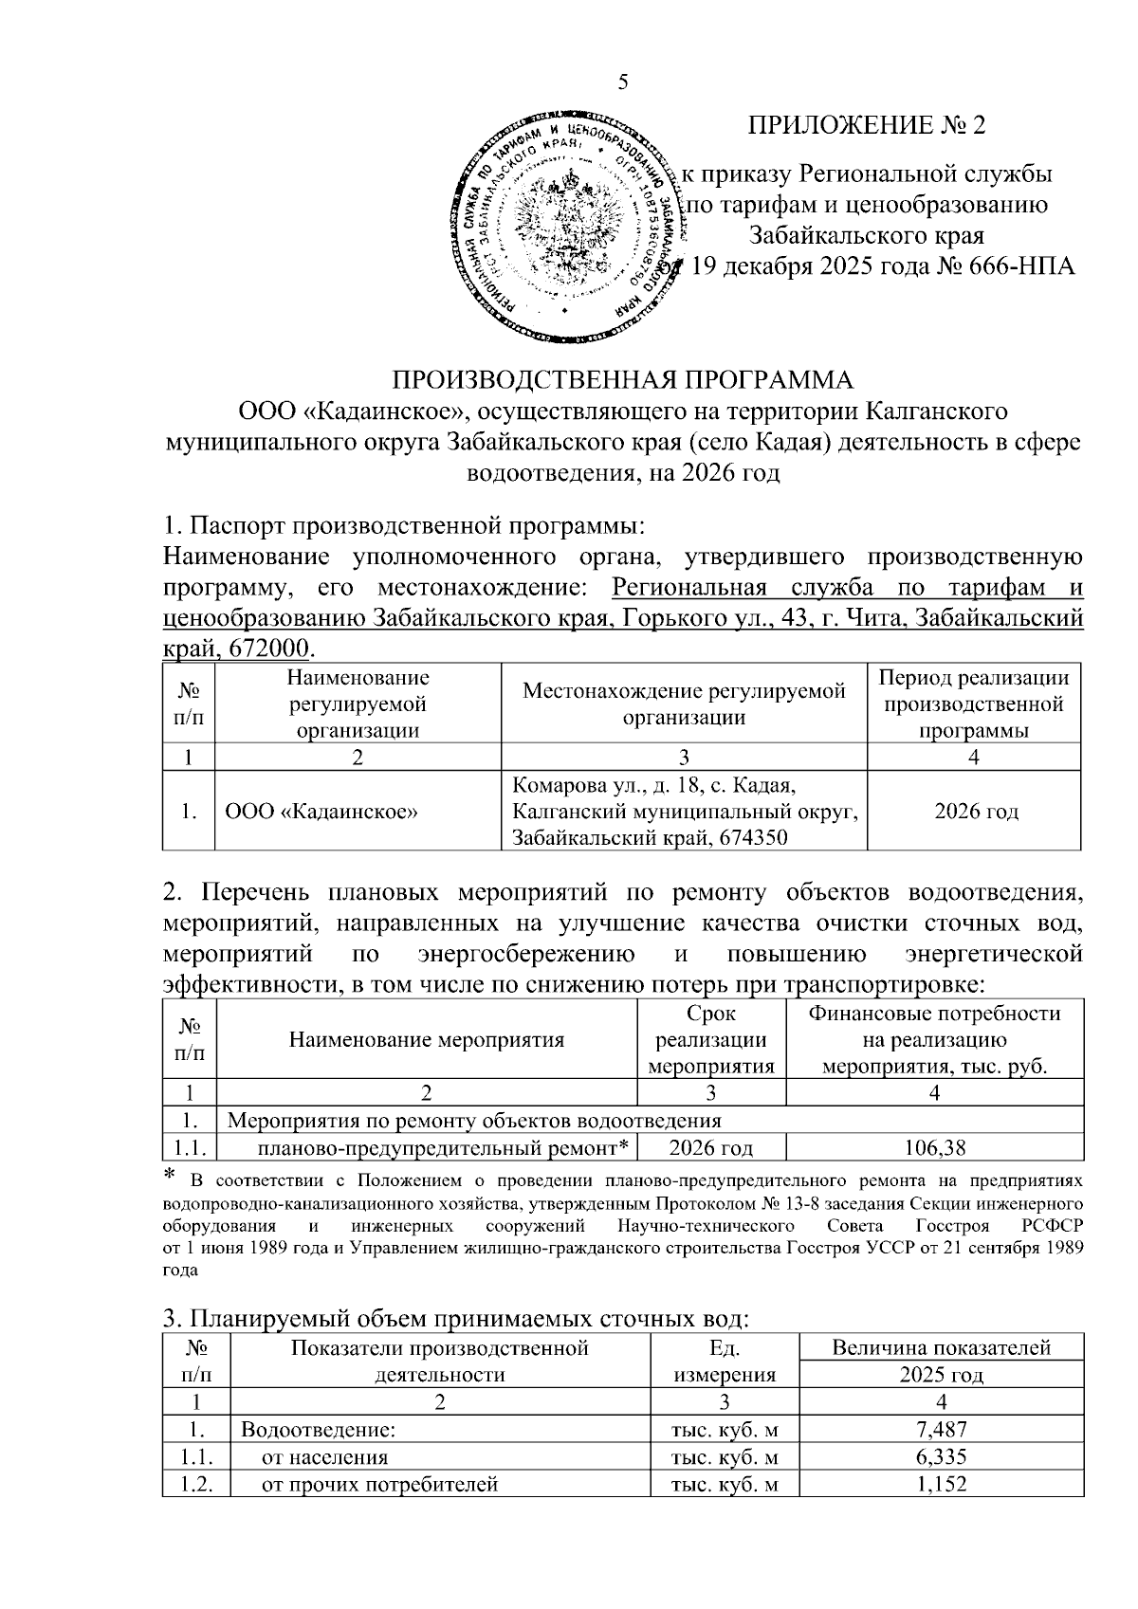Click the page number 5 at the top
pyautogui.click(x=623, y=82)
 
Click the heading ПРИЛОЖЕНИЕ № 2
pyautogui.click(x=867, y=126)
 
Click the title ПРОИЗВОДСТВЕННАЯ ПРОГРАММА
pyautogui.click(x=623, y=379)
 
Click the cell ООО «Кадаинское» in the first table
pyautogui.click(x=323, y=812)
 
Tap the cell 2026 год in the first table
pyautogui.click(x=976, y=812)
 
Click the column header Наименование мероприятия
pyautogui.click(x=426, y=1039)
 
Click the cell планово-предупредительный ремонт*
pyautogui.click(x=444, y=1148)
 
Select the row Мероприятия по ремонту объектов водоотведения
pyautogui.click(x=475, y=1121)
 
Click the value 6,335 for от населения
pyautogui.click(x=942, y=1457)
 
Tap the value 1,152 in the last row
pyautogui.click(x=942, y=1484)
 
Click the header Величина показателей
pyautogui.click(x=941, y=1347)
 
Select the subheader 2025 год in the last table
pyautogui.click(x=941, y=1375)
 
